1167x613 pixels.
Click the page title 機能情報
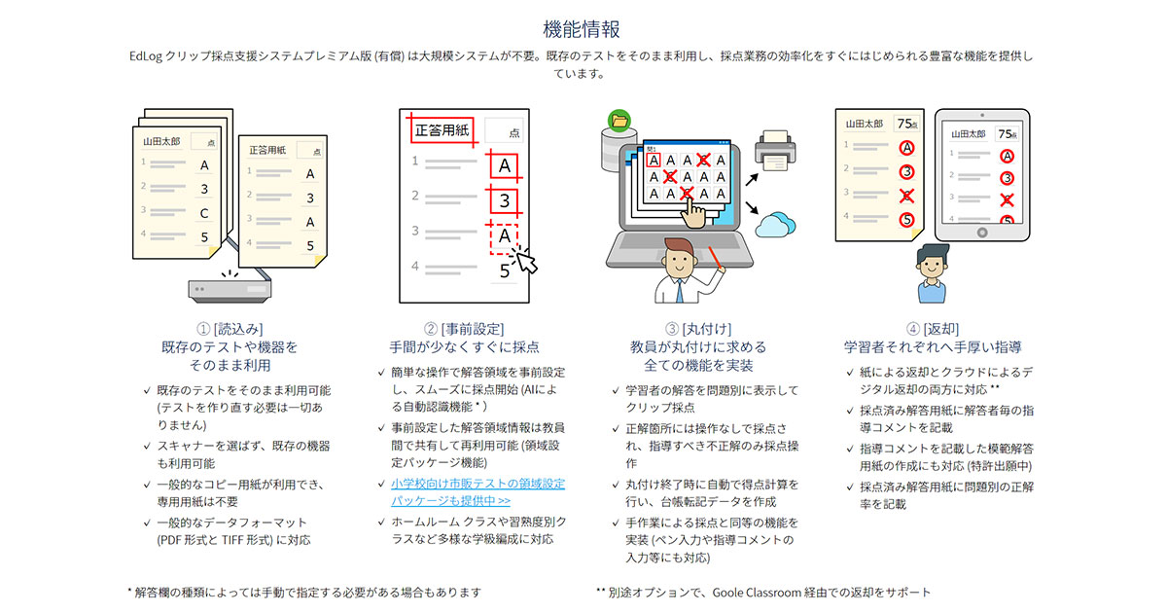(582, 29)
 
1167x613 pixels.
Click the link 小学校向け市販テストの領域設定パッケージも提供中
(471, 492)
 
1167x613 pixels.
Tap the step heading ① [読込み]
(229, 329)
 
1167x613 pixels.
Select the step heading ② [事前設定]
(464, 329)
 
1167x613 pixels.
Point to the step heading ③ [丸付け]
(697, 329)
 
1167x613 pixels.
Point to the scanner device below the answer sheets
(229, 288)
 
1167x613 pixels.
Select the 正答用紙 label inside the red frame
(439, 129)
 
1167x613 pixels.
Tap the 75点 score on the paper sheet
(908, 124)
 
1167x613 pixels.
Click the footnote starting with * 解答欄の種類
(303, 592)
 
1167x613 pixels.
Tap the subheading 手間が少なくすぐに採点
(464, 347)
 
